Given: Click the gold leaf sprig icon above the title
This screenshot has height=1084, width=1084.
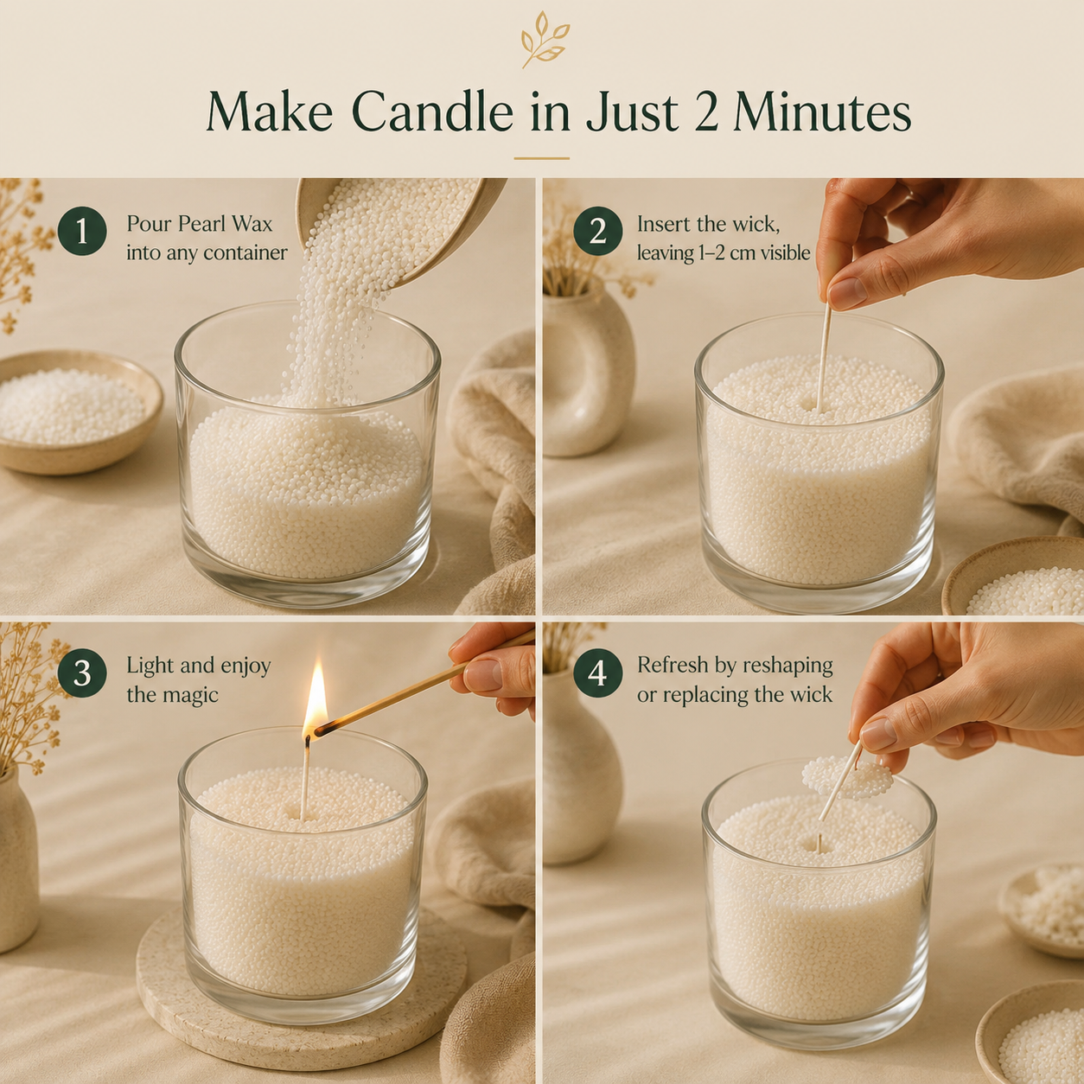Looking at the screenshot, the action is click(x=542, y=40).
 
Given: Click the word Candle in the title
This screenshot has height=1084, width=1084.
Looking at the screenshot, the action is click(x=432, y=111).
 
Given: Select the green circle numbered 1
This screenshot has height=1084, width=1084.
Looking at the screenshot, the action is click(x=82, y=231).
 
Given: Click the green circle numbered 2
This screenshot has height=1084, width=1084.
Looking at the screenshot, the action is click(x=598, y=231).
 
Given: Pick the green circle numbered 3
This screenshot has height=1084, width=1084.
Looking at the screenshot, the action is click(x=82, y=673).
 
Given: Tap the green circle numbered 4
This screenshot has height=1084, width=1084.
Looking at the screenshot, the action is click(x=598, y=673).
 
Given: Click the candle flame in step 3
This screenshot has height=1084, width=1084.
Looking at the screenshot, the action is click(x=315, y=698).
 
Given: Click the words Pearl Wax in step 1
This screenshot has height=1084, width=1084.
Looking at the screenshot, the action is click(x=225, y=224).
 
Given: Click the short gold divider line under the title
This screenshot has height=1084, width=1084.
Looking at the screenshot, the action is click(x=542, y=159).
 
